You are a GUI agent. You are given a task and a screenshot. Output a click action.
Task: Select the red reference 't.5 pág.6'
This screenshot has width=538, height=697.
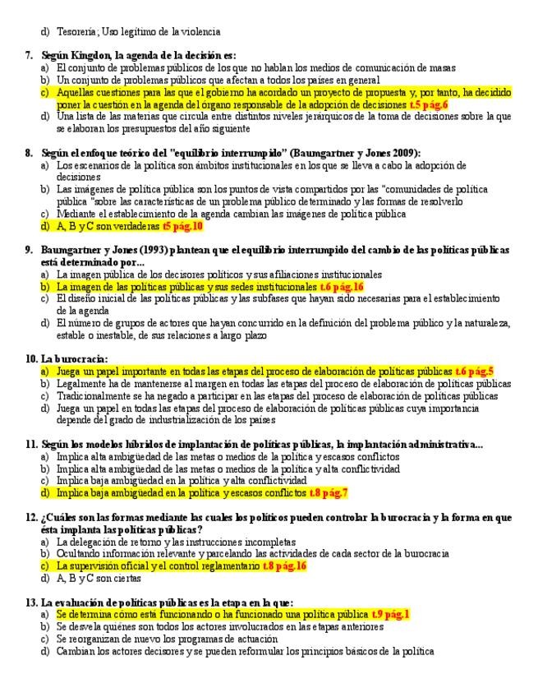coord(427,105)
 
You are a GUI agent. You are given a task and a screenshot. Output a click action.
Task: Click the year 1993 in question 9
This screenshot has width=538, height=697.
coord(133,250)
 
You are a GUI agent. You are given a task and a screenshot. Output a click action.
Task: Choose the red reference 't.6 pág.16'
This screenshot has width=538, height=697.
coord(341,286)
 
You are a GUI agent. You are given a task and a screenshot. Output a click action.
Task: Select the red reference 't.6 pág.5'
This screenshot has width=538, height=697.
coord(474,371)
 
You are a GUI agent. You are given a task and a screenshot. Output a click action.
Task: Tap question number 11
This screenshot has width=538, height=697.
coord(31,444)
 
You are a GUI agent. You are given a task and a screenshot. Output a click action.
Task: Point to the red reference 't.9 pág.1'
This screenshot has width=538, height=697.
coord(390,614)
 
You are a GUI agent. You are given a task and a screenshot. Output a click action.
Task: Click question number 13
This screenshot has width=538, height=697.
coord(31,602)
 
